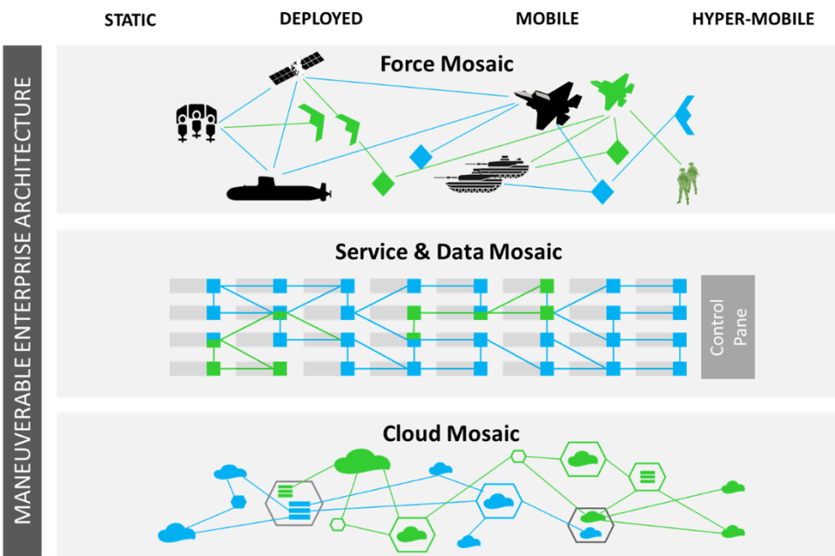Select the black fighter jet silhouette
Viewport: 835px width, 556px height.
coord(548,104)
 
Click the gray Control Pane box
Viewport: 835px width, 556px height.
coord(728,327)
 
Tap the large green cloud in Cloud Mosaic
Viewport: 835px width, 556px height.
coord(362,460)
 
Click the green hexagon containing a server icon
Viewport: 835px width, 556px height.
coord(647,476)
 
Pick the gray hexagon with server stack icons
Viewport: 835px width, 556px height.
coord(293,501)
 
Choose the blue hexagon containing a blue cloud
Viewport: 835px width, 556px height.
coord(498,501)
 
